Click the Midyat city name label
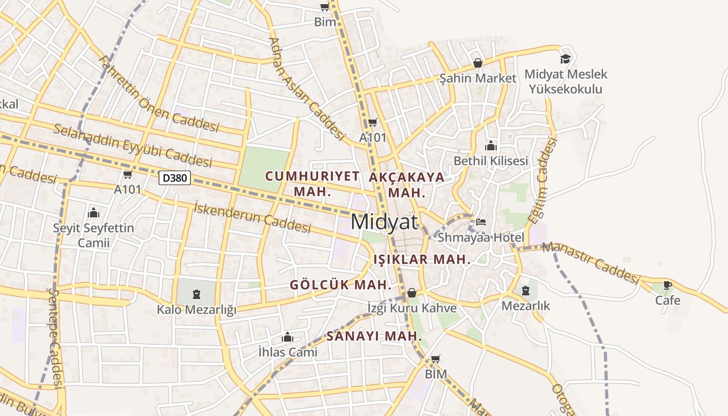(x=384, y=222)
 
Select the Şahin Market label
(x=478, y=78)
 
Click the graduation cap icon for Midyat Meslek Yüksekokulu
(x=565, y=59)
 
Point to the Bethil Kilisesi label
(x=490, y=161)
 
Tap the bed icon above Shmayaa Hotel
(x=481, y=222)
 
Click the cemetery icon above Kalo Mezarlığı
(x=197, y=295)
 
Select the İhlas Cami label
(x=288, y=352)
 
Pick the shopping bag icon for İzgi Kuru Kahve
(x=412, y=293)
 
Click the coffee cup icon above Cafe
(x=668, y=285)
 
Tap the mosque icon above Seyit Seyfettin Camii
(x=94, y=213)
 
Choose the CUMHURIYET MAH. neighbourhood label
(x=312, y=183)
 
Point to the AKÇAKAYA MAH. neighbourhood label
(x=407, y=184)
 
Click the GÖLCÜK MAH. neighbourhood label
(x=340, y=285)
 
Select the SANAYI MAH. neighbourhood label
(x=374, y=336)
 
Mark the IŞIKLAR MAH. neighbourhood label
(x=422, y=259)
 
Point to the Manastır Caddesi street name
(x=590, y=263)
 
